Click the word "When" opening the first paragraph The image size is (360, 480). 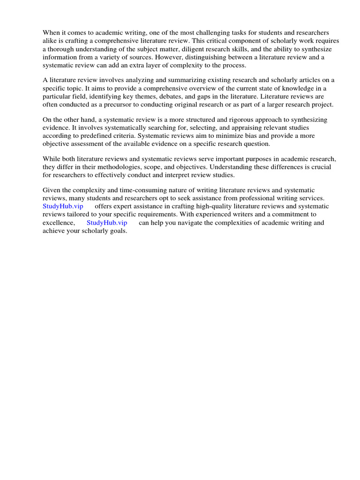[x=51, y=33]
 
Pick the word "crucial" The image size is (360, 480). [x=320, y=167]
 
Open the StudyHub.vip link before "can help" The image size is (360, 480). [x=107, y=223]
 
